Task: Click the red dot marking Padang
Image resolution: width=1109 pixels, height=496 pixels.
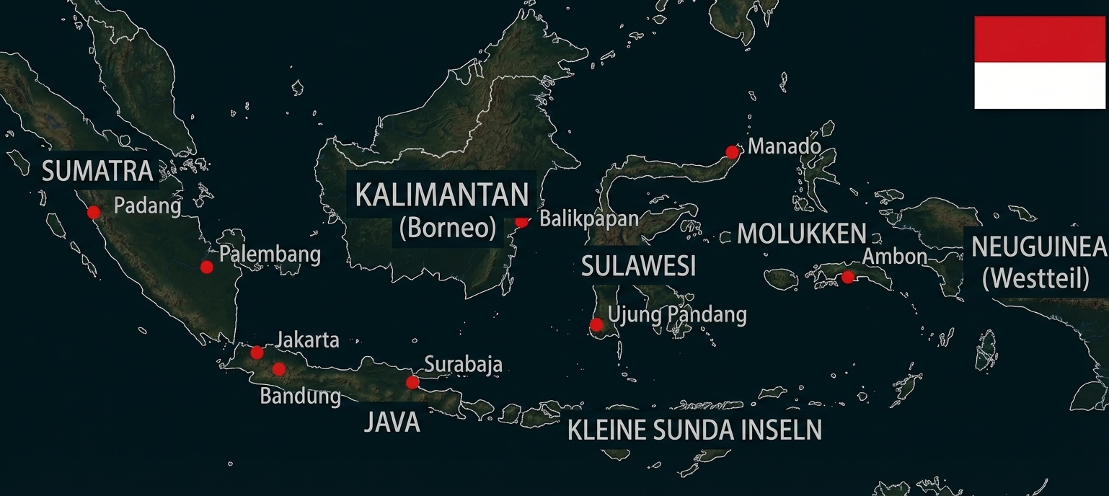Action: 93,212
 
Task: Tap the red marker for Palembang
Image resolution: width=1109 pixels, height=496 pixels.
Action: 207,267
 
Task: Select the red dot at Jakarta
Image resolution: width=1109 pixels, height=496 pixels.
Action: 257,353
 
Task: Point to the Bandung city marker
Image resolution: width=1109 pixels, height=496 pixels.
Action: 279,369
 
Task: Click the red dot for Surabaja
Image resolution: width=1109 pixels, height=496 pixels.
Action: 412,382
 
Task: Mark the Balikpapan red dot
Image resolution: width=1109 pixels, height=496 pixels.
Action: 521,221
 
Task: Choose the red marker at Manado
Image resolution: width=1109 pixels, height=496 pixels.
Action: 733,152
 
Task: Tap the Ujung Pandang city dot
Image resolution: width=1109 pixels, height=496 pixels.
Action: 596,324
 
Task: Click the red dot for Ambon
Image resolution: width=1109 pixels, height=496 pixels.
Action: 848,277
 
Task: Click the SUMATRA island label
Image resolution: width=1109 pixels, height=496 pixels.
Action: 97,172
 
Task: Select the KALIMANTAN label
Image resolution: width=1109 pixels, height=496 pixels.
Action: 442,195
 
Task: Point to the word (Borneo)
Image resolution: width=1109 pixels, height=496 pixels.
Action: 447,229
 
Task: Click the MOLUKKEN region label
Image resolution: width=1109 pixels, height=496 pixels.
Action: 801,234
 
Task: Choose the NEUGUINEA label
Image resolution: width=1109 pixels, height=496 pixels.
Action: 1038,247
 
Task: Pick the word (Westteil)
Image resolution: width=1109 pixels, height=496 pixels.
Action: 1036,278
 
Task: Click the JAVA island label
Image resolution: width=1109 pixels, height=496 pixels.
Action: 392,422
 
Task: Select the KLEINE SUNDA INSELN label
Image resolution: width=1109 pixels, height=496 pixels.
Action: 694,430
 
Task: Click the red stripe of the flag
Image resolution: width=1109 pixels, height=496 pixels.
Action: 1039,39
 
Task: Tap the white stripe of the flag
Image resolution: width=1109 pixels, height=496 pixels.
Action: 1039,85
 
